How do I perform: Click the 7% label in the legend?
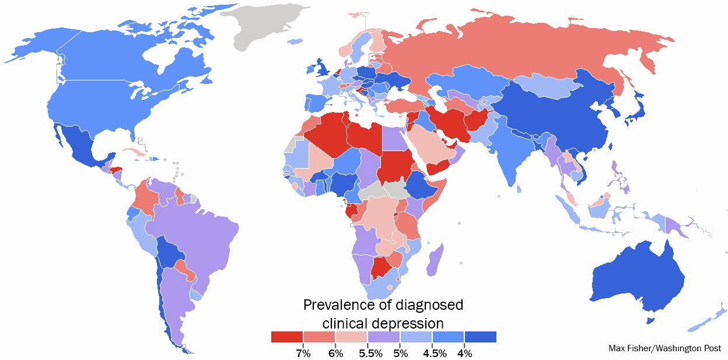point(303,353)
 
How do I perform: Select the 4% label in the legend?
point(464,353)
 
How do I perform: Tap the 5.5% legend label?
point(367,353)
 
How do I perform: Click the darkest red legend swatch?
point(287,337)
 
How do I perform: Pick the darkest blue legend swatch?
point(480,337)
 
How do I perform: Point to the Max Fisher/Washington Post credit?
point(664,348)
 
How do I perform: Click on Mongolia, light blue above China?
point(545,88)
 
